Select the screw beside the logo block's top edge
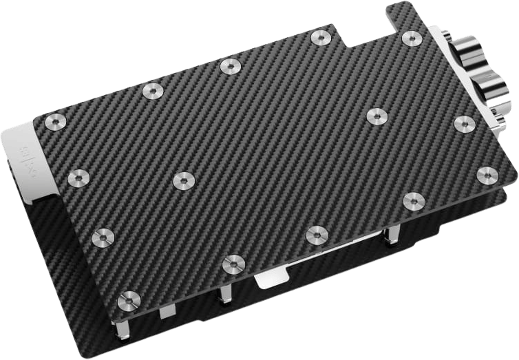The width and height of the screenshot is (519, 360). (54, 123)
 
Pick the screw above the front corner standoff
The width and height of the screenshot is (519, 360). (127, 299)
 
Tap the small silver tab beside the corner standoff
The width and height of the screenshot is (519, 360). (163, 312)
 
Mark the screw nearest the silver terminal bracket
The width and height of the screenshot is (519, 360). (463, 123)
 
